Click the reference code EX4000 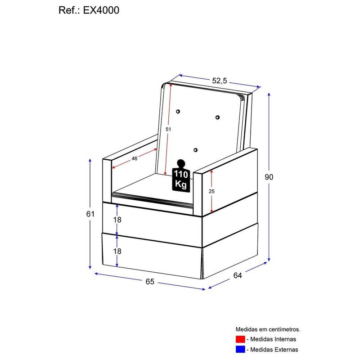click(x=101, y=10)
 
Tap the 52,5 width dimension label click(x=220, y=81)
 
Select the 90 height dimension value click(x=269, y=177)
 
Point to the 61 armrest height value click(x=90, y=214)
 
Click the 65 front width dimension click(x=150, y=282)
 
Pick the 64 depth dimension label click(x=238, y=275)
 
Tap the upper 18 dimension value click(x=117, y=220)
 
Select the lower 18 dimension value click(x=117, y=251)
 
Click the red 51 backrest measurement click(x=168, y=130)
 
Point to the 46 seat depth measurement click(x=135, y=158)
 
